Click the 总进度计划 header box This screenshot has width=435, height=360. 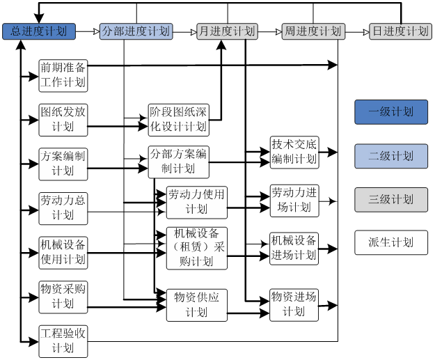pos(39,31)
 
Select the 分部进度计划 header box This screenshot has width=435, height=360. pos(136,31)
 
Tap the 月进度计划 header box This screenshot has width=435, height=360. pos(227,31)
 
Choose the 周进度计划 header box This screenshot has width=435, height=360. pos(313,31)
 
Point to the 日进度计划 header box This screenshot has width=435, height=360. pos(400,31)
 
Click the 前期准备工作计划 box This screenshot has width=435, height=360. pos(63,75)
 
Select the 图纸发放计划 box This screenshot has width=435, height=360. pos(63,119)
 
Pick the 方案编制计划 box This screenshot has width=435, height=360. pos(63,164)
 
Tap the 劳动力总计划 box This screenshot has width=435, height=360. pos(63,208)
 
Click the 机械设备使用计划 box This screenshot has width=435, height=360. pos(63,252)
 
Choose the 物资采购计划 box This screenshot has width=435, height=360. pos(63,296)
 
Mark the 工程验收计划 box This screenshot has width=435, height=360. pos(63,341)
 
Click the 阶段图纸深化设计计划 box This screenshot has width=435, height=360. pos(179,119)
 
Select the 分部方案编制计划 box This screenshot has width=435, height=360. pos(179,162)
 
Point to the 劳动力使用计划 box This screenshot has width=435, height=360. pos(197,202)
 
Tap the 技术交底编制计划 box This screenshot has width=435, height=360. pos(294,152)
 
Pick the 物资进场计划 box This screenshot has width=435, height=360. pos(294,304)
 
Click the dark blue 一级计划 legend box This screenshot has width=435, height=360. pos(391,112)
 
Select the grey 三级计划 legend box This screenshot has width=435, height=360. pos(391,200)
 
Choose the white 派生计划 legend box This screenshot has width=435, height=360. pos(391,242)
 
